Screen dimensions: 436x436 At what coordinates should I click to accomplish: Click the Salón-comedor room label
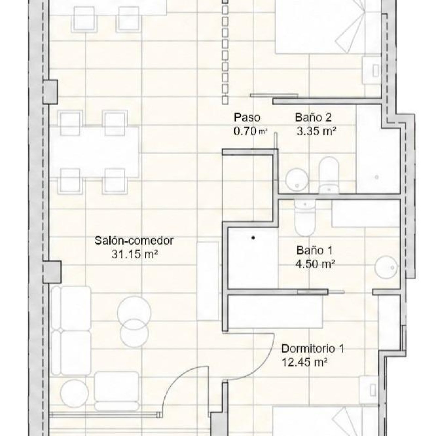pyautogui.click(x=134, y=241)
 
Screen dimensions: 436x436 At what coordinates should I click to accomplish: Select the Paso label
pyautogui.click(x=247, y=117)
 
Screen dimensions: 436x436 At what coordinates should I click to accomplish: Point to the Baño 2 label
pyautogui.click(x=313, y=117)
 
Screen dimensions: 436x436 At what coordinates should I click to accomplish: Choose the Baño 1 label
pyautogui.click(x=314, y=250)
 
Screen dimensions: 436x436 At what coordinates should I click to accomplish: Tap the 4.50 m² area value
pyautogui.click(x=315, y=264)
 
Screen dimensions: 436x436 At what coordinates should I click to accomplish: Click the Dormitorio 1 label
pyautogui.click(x=313, y=349)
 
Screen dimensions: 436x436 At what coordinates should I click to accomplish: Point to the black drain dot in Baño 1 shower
pyautogui.click(x=253, y=238)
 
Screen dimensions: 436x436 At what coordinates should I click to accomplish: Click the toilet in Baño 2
pyautogui.click(x=329, y=174)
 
